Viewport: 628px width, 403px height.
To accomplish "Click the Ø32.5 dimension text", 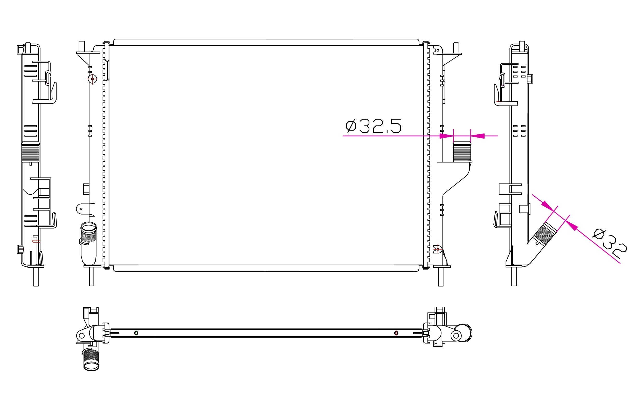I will click(x=374, y=126).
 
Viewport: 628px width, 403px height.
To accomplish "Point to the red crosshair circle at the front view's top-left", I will click(x=92, y=79).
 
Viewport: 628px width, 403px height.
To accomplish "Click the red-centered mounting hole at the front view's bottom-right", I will click(x=438, y=249).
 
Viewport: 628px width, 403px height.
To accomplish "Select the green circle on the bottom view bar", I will click(x=136, y=333).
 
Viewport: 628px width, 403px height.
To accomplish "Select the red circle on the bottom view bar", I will click(x=396, y=333).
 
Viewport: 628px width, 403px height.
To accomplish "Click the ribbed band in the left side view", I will click(x=31, y=152).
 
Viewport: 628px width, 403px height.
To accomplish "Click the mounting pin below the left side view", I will click(x=36, y=277).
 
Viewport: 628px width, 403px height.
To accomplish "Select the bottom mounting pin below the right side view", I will click(x=514, y=277).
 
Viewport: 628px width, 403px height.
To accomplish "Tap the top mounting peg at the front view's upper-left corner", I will click(x=82, y=46).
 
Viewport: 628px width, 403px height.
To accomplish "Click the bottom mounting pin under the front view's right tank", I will click(x=441, y=277).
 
